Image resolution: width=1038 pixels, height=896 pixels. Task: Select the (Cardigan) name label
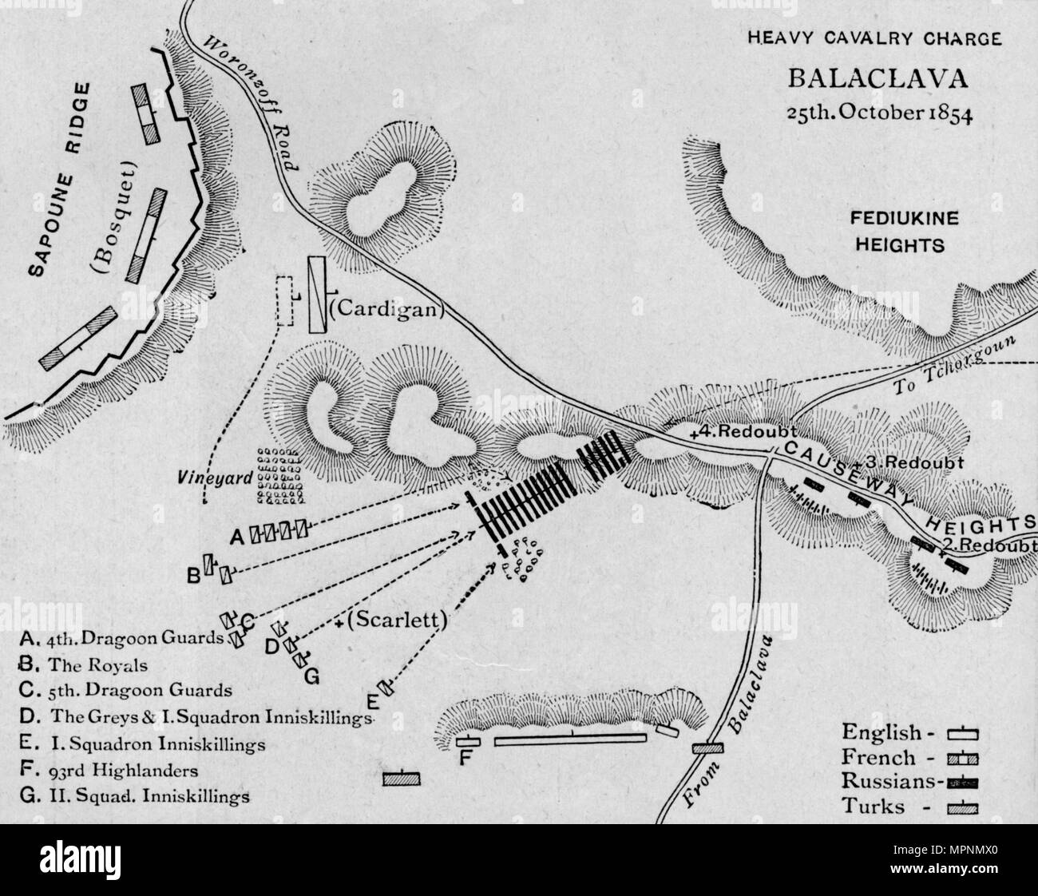(385, 308)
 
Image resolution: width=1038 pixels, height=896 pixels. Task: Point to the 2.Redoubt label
(990, 545)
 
